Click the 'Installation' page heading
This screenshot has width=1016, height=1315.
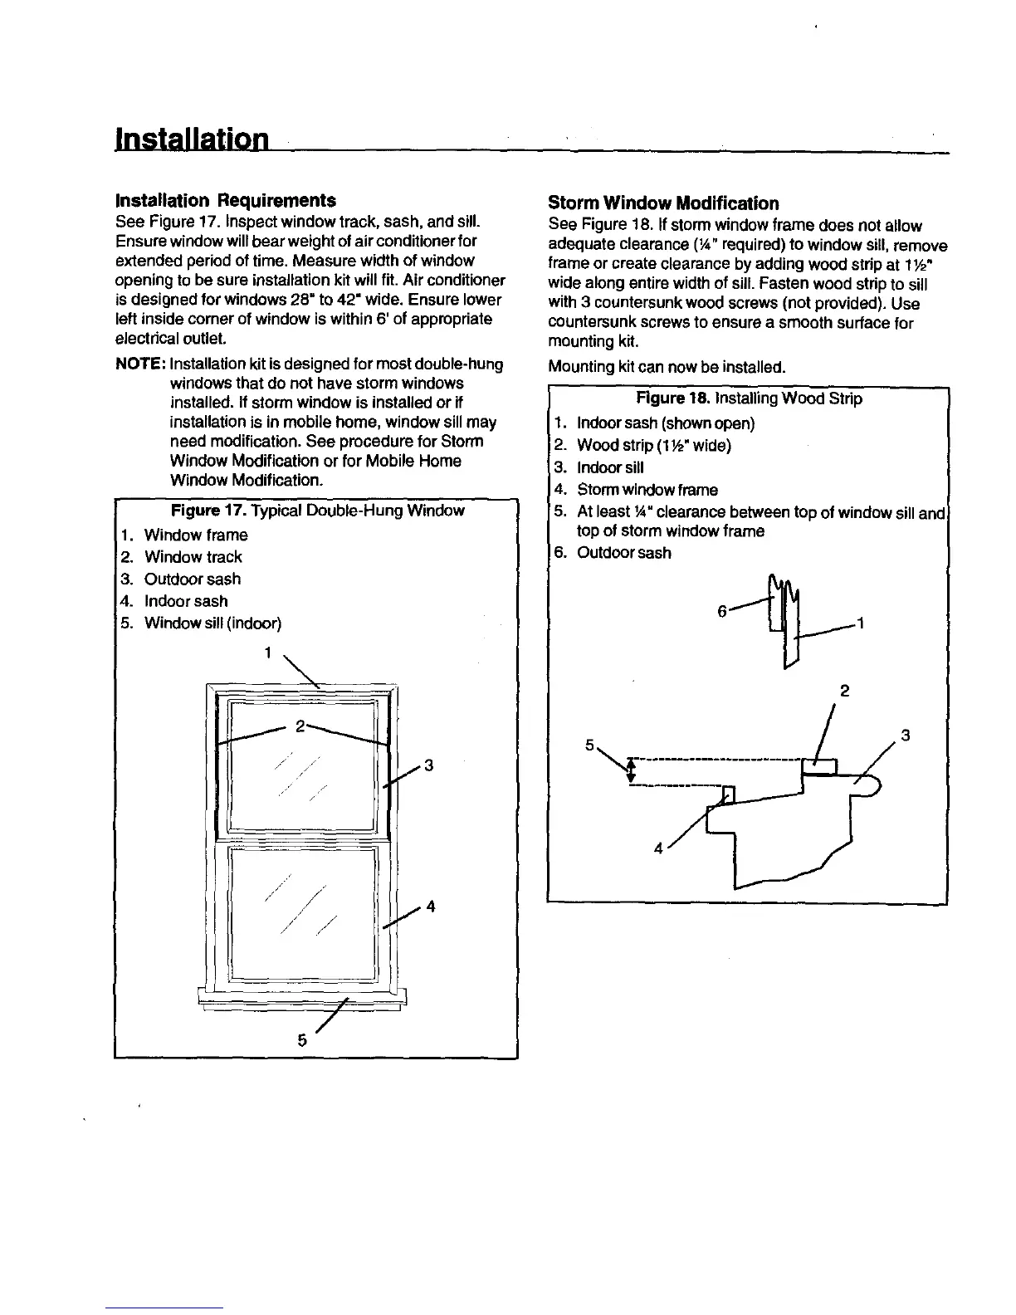(x=191, y=138)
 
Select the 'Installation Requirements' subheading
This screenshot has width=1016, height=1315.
(x=225, y=201)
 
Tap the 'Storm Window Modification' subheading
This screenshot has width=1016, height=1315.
(x=663, y=203)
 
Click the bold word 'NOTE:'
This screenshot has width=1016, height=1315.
(x=139, y=364)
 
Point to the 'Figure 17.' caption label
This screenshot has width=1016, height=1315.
(x=208, y=511)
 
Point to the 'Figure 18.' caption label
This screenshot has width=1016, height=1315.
(x=672, y=398)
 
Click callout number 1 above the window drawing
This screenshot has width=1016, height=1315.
(x=267, y=653)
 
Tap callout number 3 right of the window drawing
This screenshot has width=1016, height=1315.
(x=429, y=765)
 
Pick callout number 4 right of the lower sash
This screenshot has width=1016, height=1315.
(x=430, y=907)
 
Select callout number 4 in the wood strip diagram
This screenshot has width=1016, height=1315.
(x=658, y=848)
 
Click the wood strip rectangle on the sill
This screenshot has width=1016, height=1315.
(x=820, y=768)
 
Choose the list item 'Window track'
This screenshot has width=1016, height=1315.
(x=193, y=557)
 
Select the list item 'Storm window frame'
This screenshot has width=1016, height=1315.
(x=647, y=490)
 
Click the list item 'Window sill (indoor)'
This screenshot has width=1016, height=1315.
(x=212, y=623)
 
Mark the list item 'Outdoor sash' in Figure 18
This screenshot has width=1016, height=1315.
(x=623, y=553)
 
